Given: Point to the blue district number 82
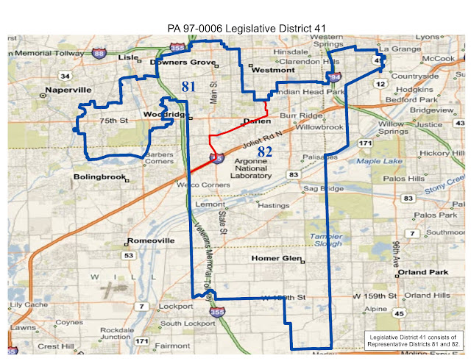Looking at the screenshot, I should pyautogui.click(x=266, y=151).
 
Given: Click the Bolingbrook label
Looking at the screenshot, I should pyautogui.click(x=98, y=178).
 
